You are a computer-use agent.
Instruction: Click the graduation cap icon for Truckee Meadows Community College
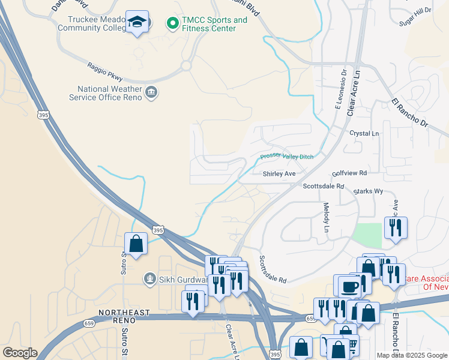[x=137, y=22]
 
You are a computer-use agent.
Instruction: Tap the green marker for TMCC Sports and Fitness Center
[x=172, y=23]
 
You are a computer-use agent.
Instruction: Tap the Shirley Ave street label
[x=279, y=174]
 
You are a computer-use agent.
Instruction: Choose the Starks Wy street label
[x=368, y=191]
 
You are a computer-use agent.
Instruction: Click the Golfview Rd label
[x=349, y=173]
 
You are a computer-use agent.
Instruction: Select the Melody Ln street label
[x=327, y=217]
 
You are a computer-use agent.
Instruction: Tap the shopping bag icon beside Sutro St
[x=136, y=244]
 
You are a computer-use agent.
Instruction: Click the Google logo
[x=20, y=353]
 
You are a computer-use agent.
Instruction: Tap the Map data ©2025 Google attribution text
[x=412, y=355]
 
